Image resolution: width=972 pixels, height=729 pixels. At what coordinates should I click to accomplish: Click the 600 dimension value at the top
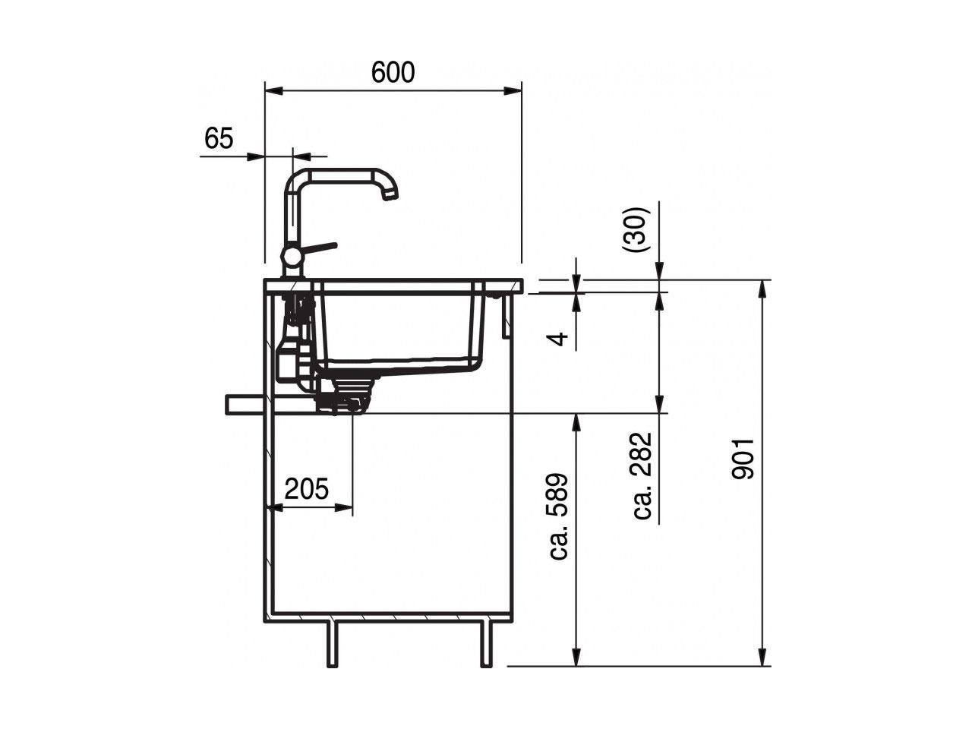393,73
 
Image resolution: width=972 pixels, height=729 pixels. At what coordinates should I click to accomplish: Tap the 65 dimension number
219,138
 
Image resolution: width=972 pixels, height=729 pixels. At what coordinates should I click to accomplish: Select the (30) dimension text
636,229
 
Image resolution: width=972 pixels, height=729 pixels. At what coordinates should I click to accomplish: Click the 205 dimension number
307,488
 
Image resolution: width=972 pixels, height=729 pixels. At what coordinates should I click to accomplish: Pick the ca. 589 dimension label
558,517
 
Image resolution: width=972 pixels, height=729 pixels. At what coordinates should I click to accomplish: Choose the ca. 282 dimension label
642,476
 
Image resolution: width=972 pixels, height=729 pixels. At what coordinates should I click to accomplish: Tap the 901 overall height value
743,459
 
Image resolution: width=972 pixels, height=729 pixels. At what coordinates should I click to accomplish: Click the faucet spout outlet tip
390,195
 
